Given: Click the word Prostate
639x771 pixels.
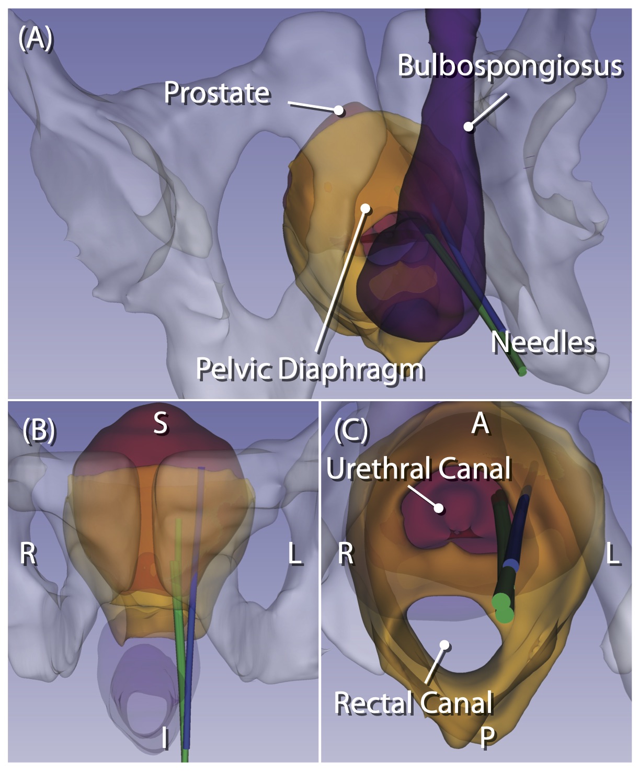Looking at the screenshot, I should click(217, 93).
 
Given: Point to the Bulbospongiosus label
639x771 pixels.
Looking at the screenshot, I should click(510, 66).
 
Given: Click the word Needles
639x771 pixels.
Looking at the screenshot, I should click(543, 343).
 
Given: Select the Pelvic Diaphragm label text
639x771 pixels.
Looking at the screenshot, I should click(310, 369).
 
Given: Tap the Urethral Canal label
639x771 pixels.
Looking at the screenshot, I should click(419, 468).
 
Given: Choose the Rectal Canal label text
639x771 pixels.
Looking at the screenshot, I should click(414, 702).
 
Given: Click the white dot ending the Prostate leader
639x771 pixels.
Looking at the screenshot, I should click(339, 110).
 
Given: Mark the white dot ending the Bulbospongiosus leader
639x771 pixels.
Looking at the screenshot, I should click(469, 126).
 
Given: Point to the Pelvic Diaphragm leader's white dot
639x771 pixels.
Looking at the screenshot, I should click(366, 209).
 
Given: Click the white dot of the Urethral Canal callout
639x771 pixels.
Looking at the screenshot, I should click(439, 507).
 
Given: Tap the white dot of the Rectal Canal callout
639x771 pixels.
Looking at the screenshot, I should click(444, 644).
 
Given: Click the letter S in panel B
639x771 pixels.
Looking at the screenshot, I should click(161, 424).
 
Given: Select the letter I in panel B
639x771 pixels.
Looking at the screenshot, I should click(165, 739).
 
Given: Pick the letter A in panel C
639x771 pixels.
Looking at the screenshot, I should click(480, 424).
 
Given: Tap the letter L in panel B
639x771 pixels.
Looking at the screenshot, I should click(295, 553).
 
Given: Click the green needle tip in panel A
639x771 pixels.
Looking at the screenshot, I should click(521, 371).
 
